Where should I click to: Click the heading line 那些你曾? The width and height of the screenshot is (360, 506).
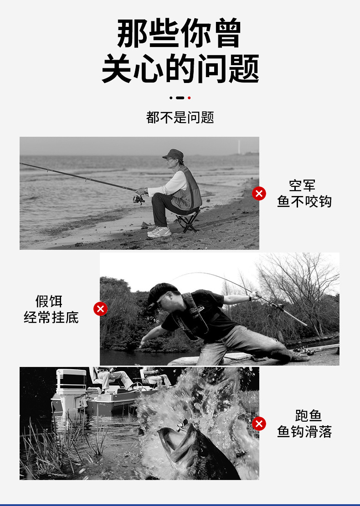[x=179, y=33]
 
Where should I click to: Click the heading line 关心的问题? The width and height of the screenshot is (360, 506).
[x=180, y=69]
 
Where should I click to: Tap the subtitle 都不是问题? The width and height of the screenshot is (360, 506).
[x=180, y=117]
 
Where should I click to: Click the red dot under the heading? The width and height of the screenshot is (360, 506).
[x=189, y=98]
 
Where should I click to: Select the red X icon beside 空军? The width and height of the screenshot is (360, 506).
[x=259, y=193]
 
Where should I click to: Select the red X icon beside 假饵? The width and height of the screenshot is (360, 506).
[x=100, y=309]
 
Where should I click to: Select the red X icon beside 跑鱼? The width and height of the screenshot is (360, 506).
[x=259, y=423]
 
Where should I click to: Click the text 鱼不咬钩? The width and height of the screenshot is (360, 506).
[x=304, y=201]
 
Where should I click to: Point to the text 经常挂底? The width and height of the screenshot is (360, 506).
[x=51, y=317]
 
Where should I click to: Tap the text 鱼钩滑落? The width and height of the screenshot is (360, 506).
[x=304, y=432]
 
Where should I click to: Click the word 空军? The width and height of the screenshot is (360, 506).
[x=302, y=186]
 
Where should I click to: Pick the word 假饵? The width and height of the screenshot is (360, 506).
[x=49, y=301]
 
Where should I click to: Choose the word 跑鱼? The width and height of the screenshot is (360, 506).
[x=309, y=416]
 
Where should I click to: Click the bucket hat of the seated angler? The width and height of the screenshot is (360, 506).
[x=174, y=154]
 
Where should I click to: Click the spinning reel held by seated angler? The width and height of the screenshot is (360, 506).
[x=138, y=198]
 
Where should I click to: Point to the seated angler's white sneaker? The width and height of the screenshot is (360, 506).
[x=160, y=232]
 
